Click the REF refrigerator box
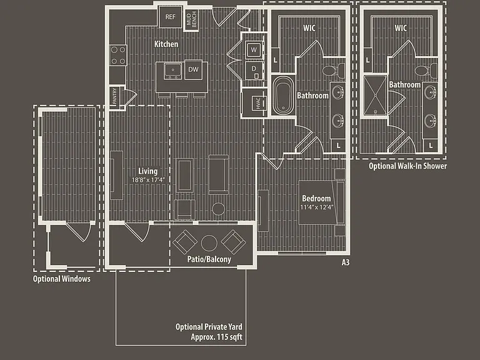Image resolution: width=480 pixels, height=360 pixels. point(170,17)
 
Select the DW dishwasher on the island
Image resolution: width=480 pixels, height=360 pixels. point(194,69)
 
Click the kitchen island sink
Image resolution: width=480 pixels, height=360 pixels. point(173,71)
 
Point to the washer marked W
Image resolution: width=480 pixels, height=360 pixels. point(254,49)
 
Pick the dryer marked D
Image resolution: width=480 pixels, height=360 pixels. point(254,71)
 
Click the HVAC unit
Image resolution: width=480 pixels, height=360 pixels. point(259,103)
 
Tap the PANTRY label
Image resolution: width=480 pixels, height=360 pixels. point(115,96)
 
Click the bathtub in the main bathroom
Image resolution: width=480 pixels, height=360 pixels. point(283,95)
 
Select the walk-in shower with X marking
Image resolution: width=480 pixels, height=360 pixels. point(375,95)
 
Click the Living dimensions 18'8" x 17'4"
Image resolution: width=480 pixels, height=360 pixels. point(148,180)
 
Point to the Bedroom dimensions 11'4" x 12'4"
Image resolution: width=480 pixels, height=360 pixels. point(316,207)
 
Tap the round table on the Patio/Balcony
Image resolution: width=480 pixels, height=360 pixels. point(209,243)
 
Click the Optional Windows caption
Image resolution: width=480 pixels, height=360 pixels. point(62,279)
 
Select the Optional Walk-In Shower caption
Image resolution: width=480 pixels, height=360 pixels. point(407,166)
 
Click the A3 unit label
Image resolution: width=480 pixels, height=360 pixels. point(346,262)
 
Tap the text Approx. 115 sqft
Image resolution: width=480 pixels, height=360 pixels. point(216,337)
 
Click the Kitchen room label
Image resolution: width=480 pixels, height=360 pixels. point(166,44)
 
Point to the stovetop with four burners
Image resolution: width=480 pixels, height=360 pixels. point(118,56)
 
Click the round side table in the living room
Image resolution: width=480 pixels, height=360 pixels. point(218,209)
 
